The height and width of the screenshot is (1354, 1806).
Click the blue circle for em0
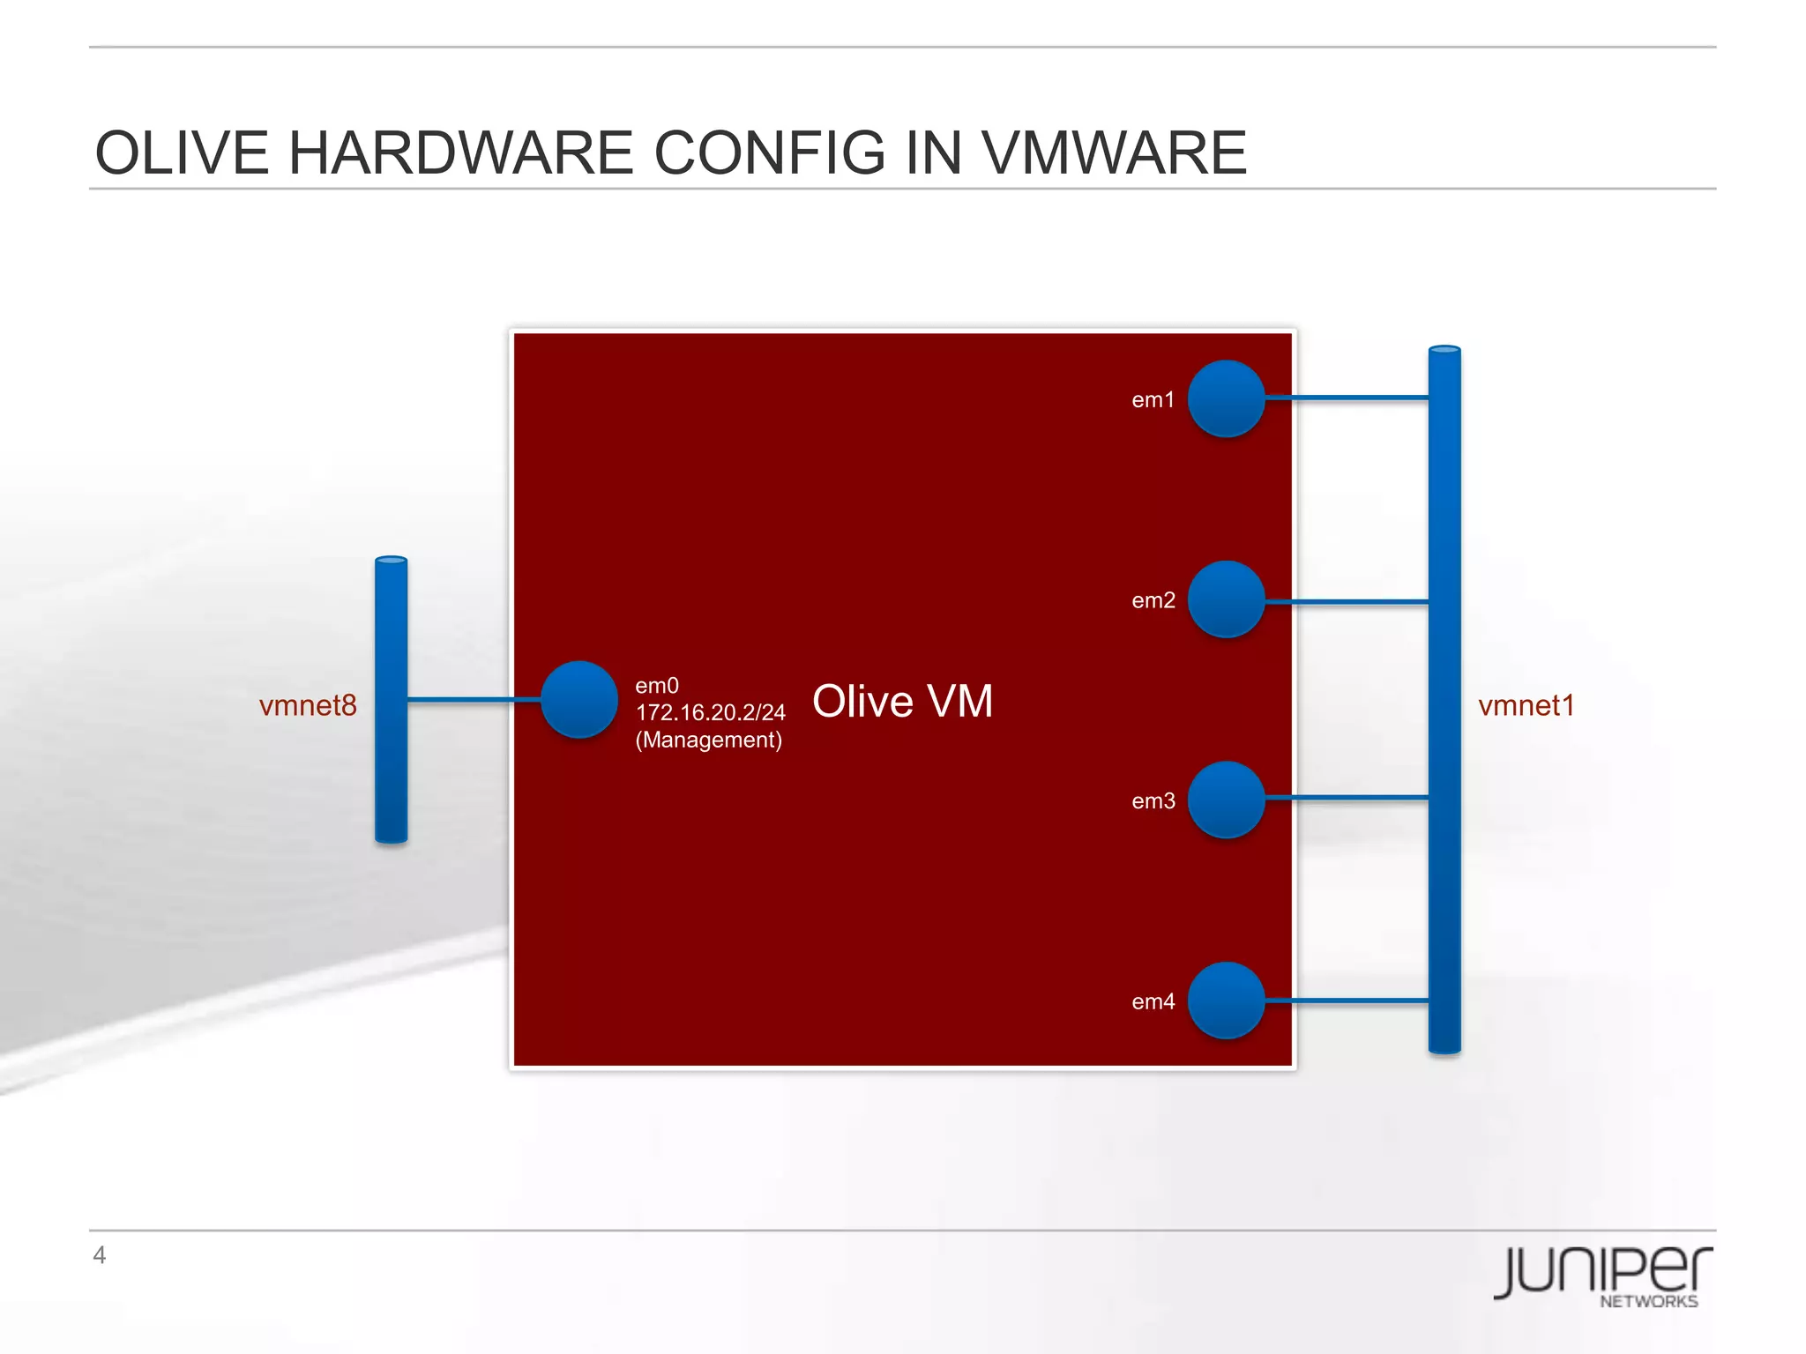click(x=578, y=699)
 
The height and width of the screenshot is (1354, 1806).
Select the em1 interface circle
click(x=1226, y=398)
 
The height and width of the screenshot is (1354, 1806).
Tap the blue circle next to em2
click(x=1226, y=599)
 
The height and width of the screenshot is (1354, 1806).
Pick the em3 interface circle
click(x=1226, y=800)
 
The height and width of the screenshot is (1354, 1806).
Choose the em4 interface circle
click(x=1226, y=1001)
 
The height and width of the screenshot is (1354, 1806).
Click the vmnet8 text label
click(x=308, y=705)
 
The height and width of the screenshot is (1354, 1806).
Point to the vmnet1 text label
click(x=1526, y=705)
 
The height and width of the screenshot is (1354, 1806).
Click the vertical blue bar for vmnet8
click(x=391, y=699)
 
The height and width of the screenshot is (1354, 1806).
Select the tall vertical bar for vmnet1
click(x=1444, y=699)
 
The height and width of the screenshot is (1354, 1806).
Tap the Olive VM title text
click(x=902, y=702)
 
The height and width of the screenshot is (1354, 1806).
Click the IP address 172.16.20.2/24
click(x=710, y=712)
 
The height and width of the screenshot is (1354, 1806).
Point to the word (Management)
click(x=708, y=740)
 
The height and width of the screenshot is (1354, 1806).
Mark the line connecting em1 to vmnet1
click(x=1347, y=398)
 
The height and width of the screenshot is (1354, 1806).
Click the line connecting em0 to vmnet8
click(x=474, y=700)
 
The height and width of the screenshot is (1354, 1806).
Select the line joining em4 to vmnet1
click(x=1347, y=1001)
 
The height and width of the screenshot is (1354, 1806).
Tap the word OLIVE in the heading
click(x=182, y=153)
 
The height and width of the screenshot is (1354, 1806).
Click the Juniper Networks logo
click(x=1603, y=1275)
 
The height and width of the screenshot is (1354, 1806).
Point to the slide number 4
click(x=100, y=1254)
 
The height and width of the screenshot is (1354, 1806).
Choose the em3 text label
click(x=1153, y=801)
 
